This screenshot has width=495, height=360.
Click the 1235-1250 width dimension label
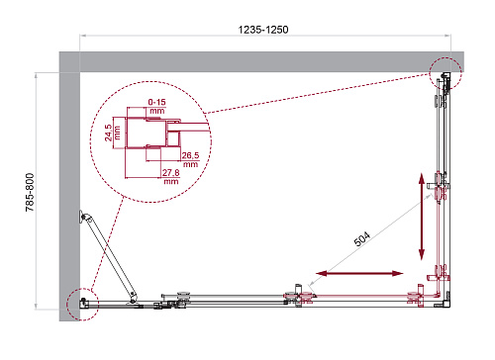tap(263, 30)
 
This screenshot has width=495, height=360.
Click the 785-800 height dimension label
tap(30, 192)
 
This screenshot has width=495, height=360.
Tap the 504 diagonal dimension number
tap(362, 239)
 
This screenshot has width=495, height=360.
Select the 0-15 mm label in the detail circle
tap(156, 106)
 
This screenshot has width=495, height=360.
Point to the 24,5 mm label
tap(112, 133)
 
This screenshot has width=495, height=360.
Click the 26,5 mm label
tap(190, 159)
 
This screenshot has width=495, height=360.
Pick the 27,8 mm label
tap(171, 176)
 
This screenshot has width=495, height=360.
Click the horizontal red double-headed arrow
tap(359, 273)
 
